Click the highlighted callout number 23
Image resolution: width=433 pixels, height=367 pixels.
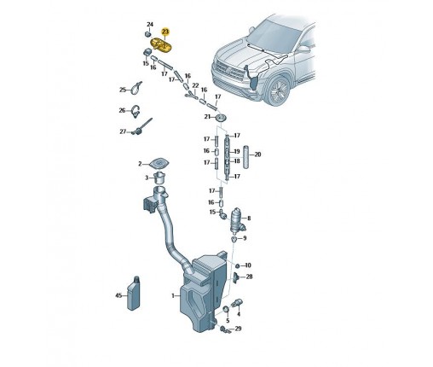click(165, 32)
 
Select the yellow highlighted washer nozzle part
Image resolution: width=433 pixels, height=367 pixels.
click(162, 46)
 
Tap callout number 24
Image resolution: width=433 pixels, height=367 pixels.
click(150, 25)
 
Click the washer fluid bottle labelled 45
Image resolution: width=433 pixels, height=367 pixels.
click(134, 293)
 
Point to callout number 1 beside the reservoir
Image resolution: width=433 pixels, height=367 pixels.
click(173, 296)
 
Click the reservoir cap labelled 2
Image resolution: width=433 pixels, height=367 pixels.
click(159, 163)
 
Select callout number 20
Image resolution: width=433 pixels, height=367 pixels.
click(257, 154)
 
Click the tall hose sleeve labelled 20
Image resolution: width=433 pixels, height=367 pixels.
click(245, 157)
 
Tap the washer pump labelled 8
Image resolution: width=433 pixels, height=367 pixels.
click(237, 220)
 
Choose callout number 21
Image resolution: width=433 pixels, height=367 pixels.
click(208, 117)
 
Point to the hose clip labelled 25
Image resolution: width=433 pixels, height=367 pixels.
click(136, 88)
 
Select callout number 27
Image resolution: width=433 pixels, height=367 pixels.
click(123, 131)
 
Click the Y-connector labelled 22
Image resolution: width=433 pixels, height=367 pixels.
click(192, 96)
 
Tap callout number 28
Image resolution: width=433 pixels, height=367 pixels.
click(249, 277)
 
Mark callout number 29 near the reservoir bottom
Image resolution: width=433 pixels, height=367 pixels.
click(238, 329)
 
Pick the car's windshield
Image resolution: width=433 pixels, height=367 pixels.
click(274, 36)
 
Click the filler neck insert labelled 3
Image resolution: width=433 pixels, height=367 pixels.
click(159, 178)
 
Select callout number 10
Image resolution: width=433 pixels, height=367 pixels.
click(248, 265)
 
